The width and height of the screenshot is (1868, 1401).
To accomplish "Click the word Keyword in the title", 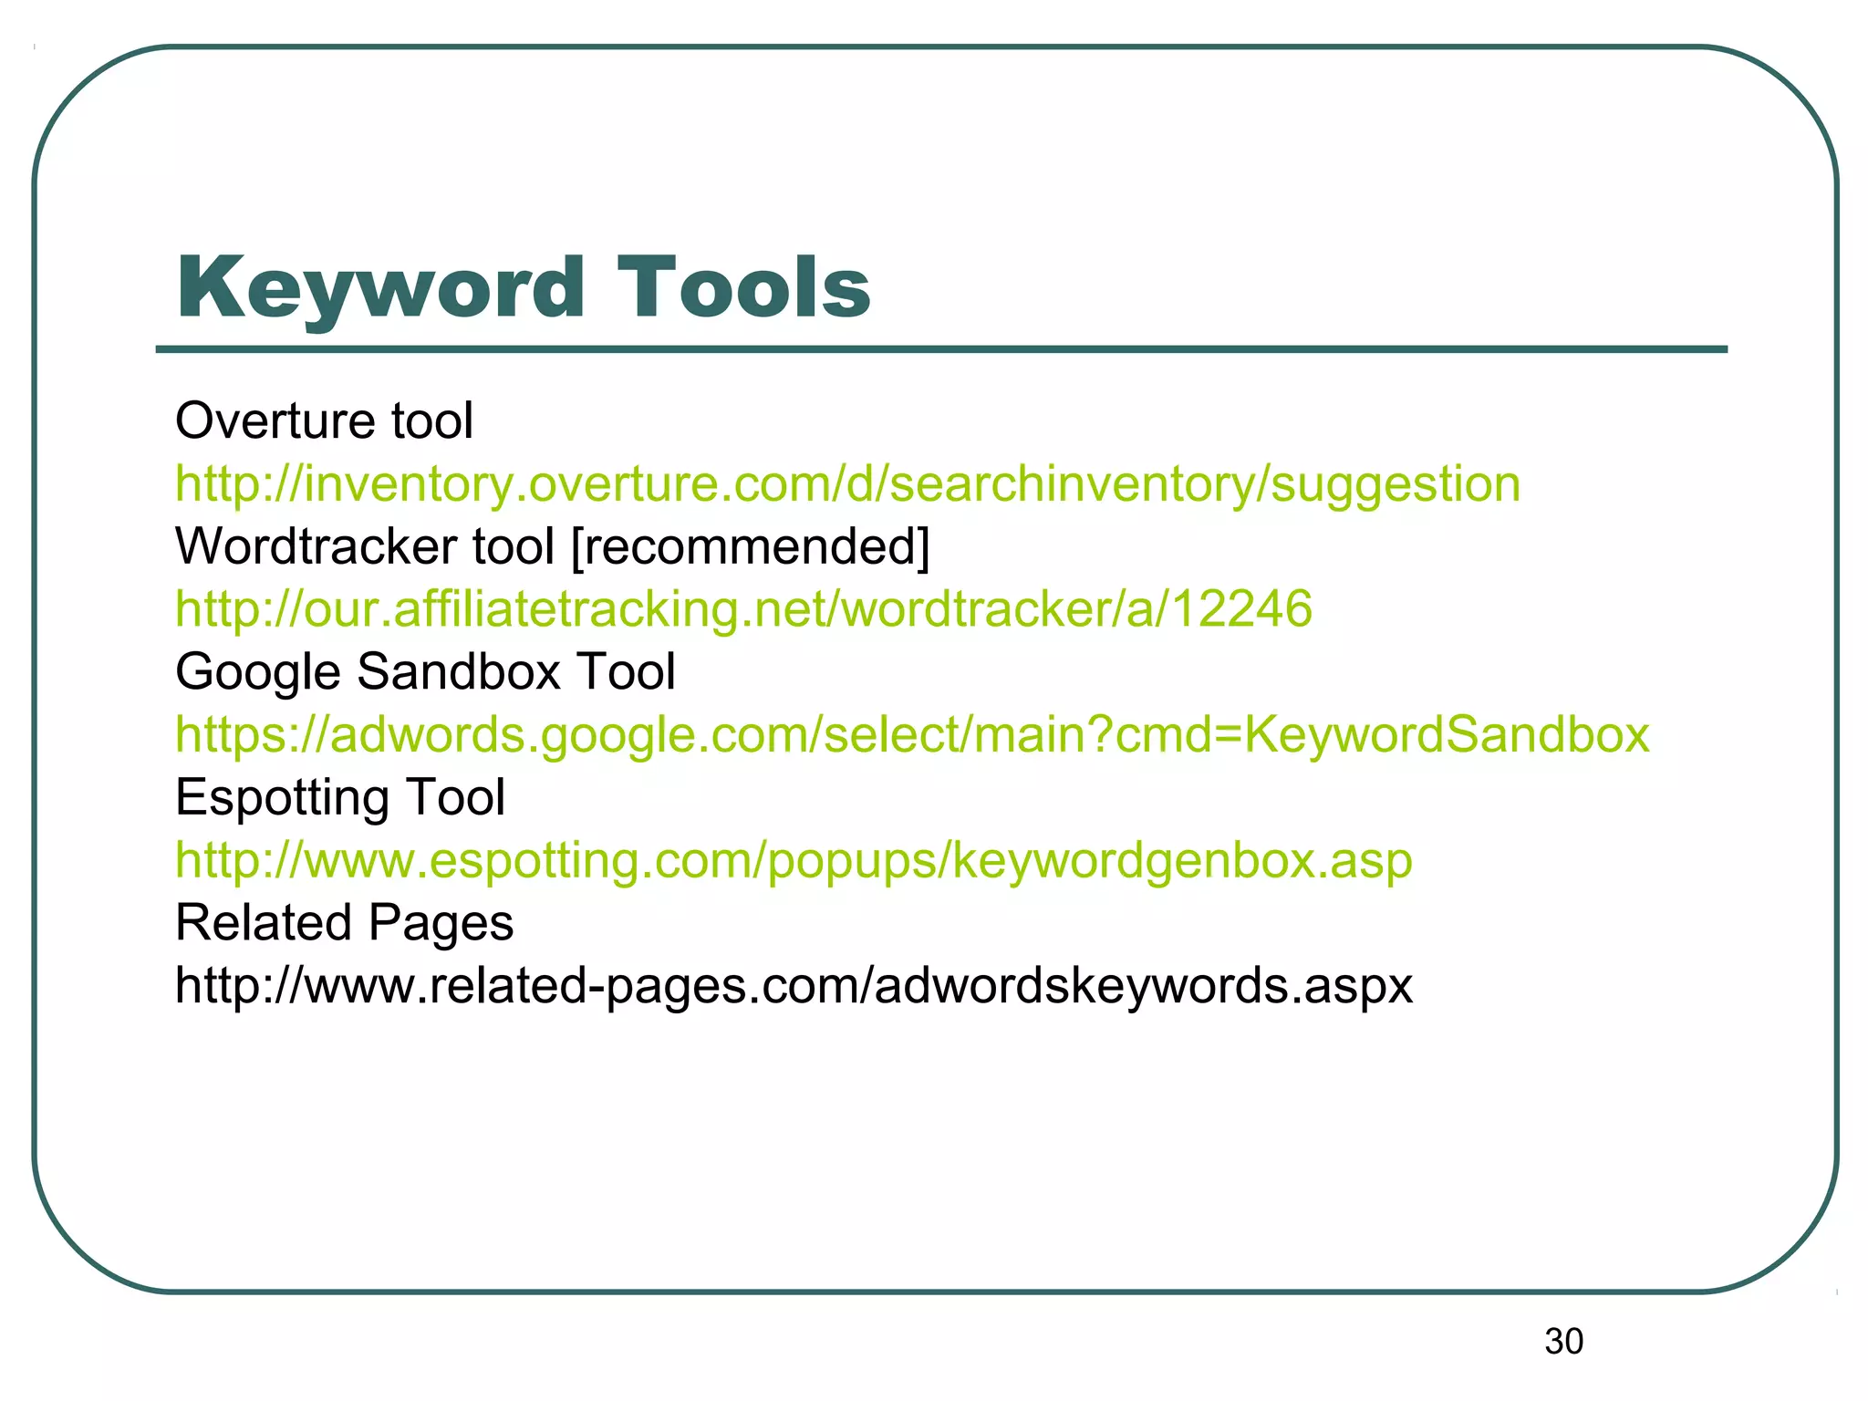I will (x=379, y=288).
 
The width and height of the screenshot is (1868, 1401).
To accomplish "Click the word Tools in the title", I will (x=743, y=288).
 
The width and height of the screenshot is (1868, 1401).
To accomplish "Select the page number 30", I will (x=1563, y=1342).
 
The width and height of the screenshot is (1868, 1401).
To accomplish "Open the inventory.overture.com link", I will (x=847, y=484).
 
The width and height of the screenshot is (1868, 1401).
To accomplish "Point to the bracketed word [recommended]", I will (x=750, y=546).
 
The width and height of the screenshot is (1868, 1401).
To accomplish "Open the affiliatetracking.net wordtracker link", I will (x=743, y=609).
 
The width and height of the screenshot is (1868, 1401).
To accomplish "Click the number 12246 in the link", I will (x=1241, y=609).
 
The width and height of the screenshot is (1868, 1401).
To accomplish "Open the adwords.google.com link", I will (x=912, y=735).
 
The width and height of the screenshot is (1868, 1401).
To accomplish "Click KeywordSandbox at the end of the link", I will (x=1447, y=735).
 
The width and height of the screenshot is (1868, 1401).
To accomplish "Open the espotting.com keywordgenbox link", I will (x=794, y=860).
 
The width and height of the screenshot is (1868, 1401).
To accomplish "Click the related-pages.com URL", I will (x=794, y=986).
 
